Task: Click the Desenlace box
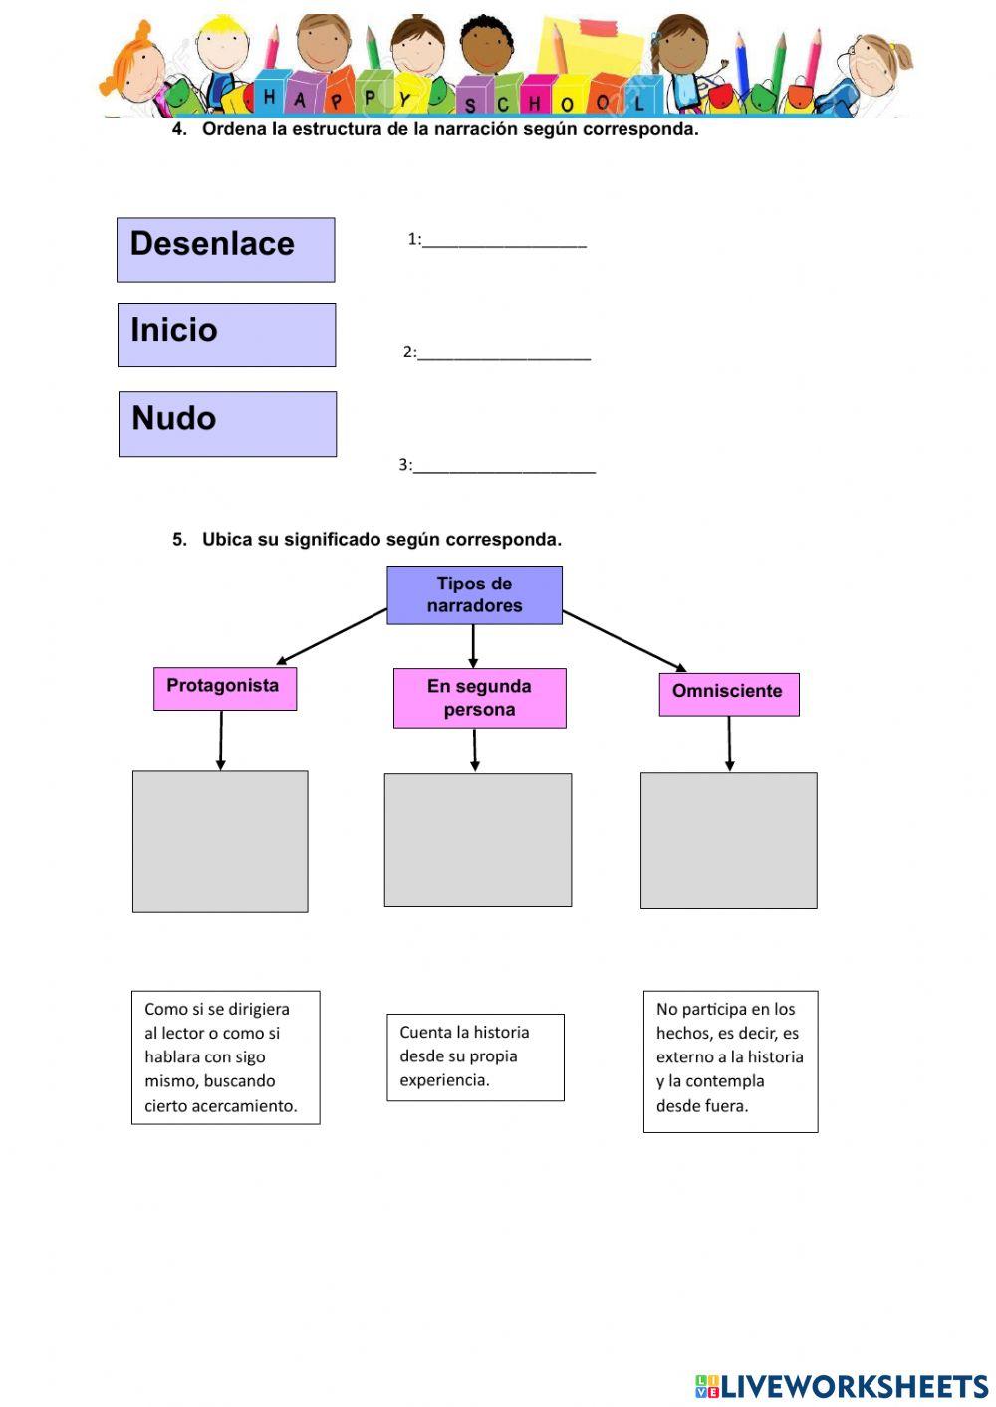(x=225, y=250)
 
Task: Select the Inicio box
(x=226, y=336)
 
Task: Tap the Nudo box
(x=227, y=424)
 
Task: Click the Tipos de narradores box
(x=474, y=595)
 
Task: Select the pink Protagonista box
(x=224, y=688)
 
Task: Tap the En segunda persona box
(x=479, y=698)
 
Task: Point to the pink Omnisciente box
(x=728, y=694)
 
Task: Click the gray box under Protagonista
(x=220, y=841)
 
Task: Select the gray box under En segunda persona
(x=478, y=839)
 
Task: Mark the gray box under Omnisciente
(x=728, y=840)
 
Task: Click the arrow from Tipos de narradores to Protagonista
(x=332, y=636)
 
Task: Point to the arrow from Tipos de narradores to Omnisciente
(x=624, y=640)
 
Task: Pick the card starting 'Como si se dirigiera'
(x=225, y=1057)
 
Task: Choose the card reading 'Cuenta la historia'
(x=475, y=1057)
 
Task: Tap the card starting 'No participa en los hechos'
(x=730, y=1060)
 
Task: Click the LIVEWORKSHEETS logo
(x=842, y=1386)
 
